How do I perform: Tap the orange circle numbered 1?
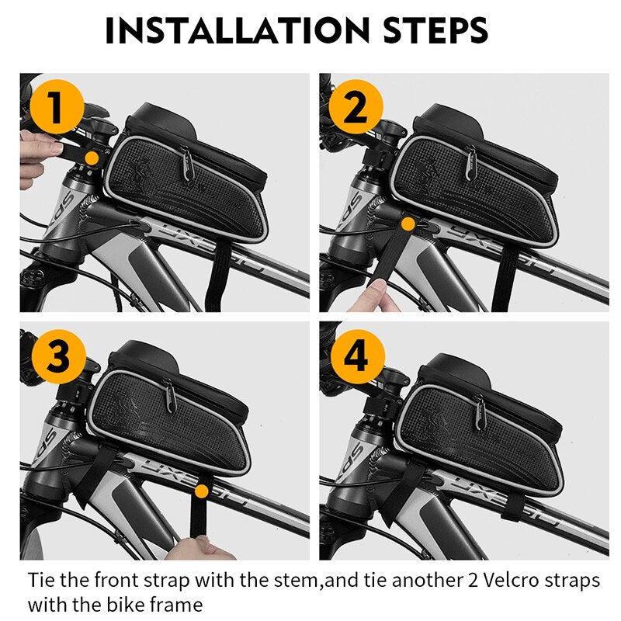[x=55, y=109]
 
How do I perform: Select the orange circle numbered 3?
[x=55, y=359]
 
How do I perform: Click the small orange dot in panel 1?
[x=92, y=158]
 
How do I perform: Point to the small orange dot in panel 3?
[x=202, y=491]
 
